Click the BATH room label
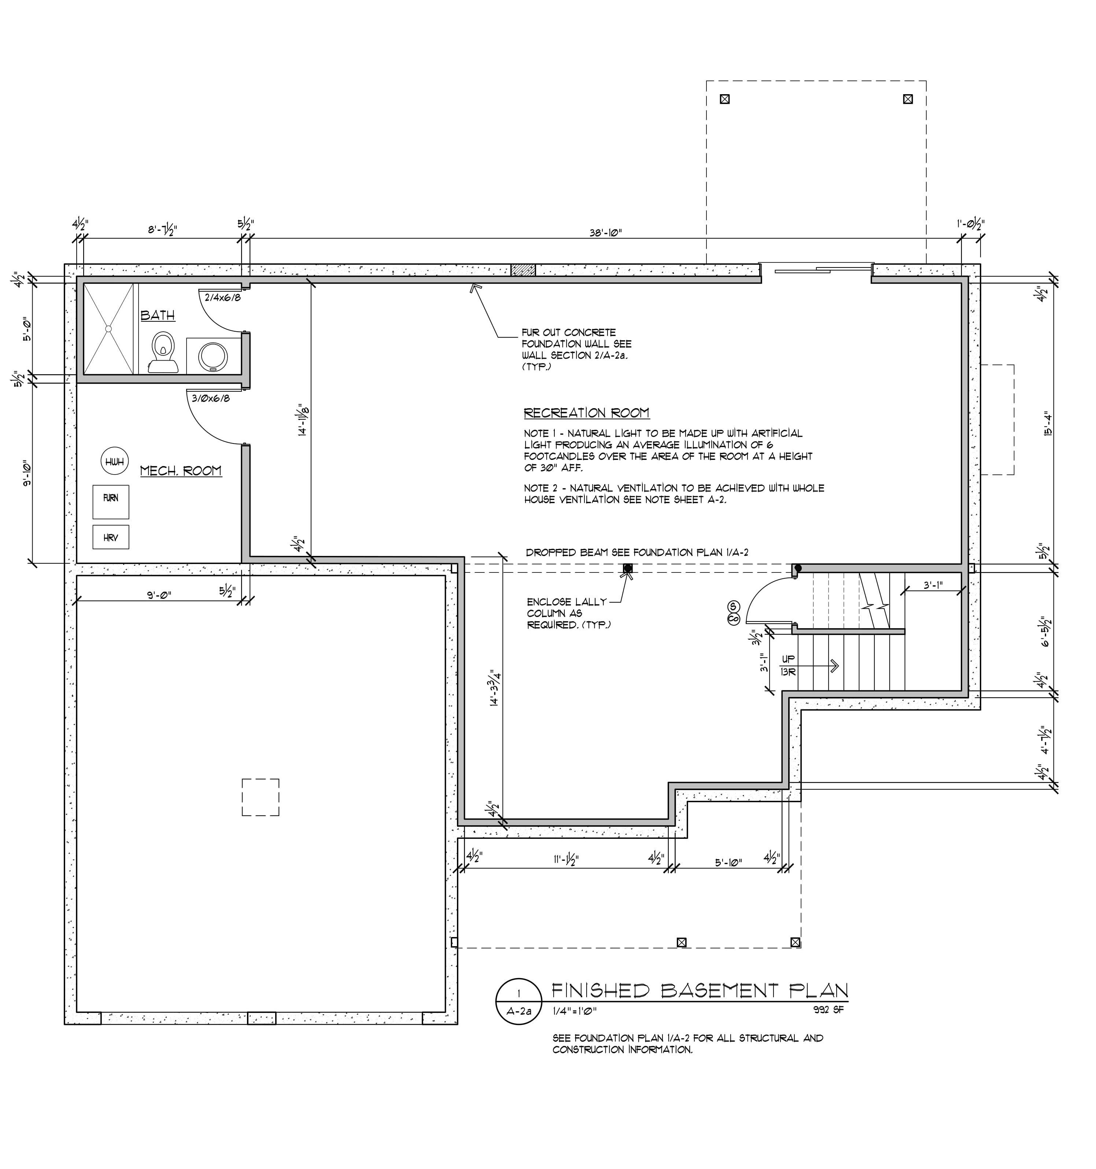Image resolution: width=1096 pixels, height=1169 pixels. click(x=158, y=316)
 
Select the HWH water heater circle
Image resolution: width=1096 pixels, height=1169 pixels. click(x=115, y=462)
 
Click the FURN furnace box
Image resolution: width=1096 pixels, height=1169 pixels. click(x=111, y=502)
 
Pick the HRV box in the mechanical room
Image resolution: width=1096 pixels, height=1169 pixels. click(x=111, y=537)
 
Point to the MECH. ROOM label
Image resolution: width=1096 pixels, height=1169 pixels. click(x=181, y=471)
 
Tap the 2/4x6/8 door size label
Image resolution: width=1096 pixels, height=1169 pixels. click(x=222, y=298)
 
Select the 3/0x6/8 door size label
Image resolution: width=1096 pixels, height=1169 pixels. click(x=210, y=398)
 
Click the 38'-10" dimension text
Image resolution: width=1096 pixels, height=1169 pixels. click(x=606, y=232)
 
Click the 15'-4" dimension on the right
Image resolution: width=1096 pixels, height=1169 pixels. click(x=1047, y=423)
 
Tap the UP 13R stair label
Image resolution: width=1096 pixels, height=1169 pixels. click(x=788, y=665)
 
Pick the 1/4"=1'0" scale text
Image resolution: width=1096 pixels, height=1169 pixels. click(x=575, y=1011)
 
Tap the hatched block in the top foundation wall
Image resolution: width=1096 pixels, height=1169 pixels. click(x=523, y=270)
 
